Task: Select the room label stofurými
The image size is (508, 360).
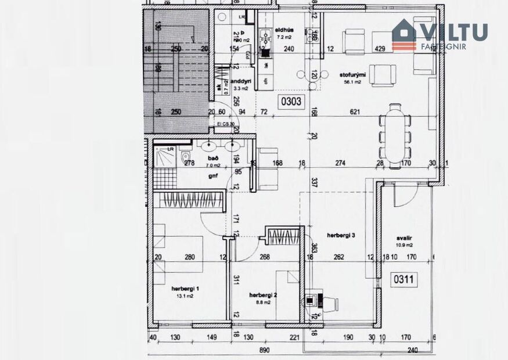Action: pyautogui.click(x=351, y=74)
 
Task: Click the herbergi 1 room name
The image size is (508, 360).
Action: pyautogui.click(x=185, y=289)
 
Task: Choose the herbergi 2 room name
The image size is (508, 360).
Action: pyautogui.click(x=263, y=294)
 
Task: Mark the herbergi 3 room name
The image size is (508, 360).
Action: pyautogui.click(x=341, y=235)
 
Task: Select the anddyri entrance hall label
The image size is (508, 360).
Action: pyautogui.click(x=240, y=81)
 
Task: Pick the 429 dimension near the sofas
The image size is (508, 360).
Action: pyautogui.click(x=381, y=49)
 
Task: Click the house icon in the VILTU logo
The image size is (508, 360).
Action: pyautogui.click(x=404, y=33)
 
